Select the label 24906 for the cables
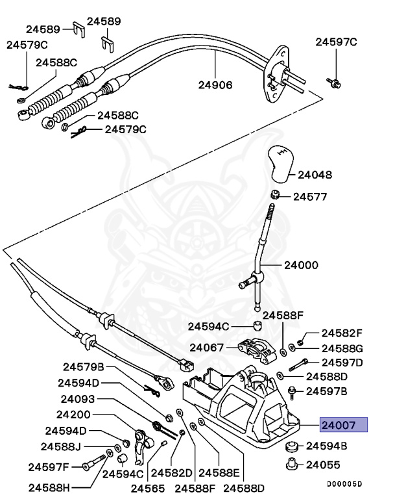point(215,84)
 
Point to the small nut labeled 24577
point(275,195)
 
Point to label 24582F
point(342,332)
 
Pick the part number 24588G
point(342,348)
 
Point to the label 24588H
point(49,485)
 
